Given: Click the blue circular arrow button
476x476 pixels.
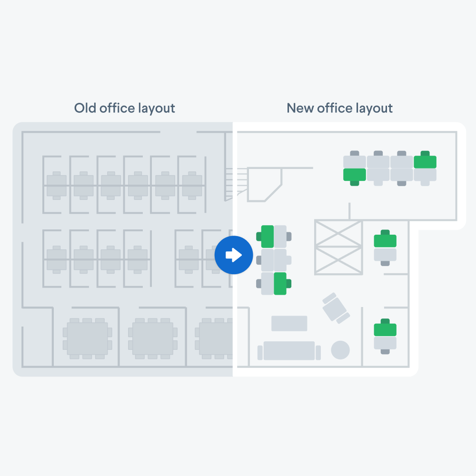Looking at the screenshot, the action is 234,255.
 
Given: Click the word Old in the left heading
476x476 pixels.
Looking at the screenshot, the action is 85,108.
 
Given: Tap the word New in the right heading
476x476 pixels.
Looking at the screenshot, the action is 300,108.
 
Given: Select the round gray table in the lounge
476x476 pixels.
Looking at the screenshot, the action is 340,350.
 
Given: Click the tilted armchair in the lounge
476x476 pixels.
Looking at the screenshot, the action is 336,308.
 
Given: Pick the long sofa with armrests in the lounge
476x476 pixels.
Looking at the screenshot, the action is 289,351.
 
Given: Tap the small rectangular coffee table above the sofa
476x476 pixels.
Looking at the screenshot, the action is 289,323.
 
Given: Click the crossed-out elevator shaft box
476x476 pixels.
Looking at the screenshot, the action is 338,248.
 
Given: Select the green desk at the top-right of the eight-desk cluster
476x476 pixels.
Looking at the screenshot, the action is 425,162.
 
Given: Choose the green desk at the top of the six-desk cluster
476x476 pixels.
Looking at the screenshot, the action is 268,237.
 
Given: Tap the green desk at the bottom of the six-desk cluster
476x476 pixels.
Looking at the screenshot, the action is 280,284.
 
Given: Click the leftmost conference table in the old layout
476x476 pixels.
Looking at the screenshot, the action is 88,338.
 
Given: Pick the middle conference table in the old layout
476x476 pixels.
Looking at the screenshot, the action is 153,338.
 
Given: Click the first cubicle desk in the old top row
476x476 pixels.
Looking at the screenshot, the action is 57,186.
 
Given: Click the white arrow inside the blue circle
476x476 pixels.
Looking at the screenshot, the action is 234,255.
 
